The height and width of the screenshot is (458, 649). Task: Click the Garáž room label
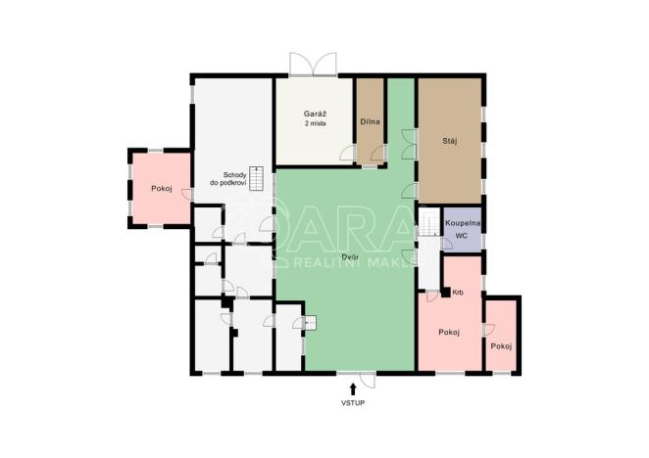314,115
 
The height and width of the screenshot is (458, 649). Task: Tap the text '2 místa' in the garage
314,125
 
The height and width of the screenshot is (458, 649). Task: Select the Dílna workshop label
371,121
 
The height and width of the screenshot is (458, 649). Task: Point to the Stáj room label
449,140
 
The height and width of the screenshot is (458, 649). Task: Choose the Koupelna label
462,224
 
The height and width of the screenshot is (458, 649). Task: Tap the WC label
462,237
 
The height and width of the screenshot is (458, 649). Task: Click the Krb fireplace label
459,293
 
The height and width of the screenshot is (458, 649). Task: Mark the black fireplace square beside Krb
445,292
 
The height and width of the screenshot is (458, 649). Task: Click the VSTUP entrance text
353,403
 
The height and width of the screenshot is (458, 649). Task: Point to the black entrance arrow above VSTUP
353,389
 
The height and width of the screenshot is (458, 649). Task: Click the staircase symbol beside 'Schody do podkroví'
257,179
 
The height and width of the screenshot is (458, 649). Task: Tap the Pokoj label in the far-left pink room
162,188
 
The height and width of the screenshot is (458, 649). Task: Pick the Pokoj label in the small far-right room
502,346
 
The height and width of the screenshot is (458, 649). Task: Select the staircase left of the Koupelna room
429,224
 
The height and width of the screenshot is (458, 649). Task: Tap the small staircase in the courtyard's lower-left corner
311,323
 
